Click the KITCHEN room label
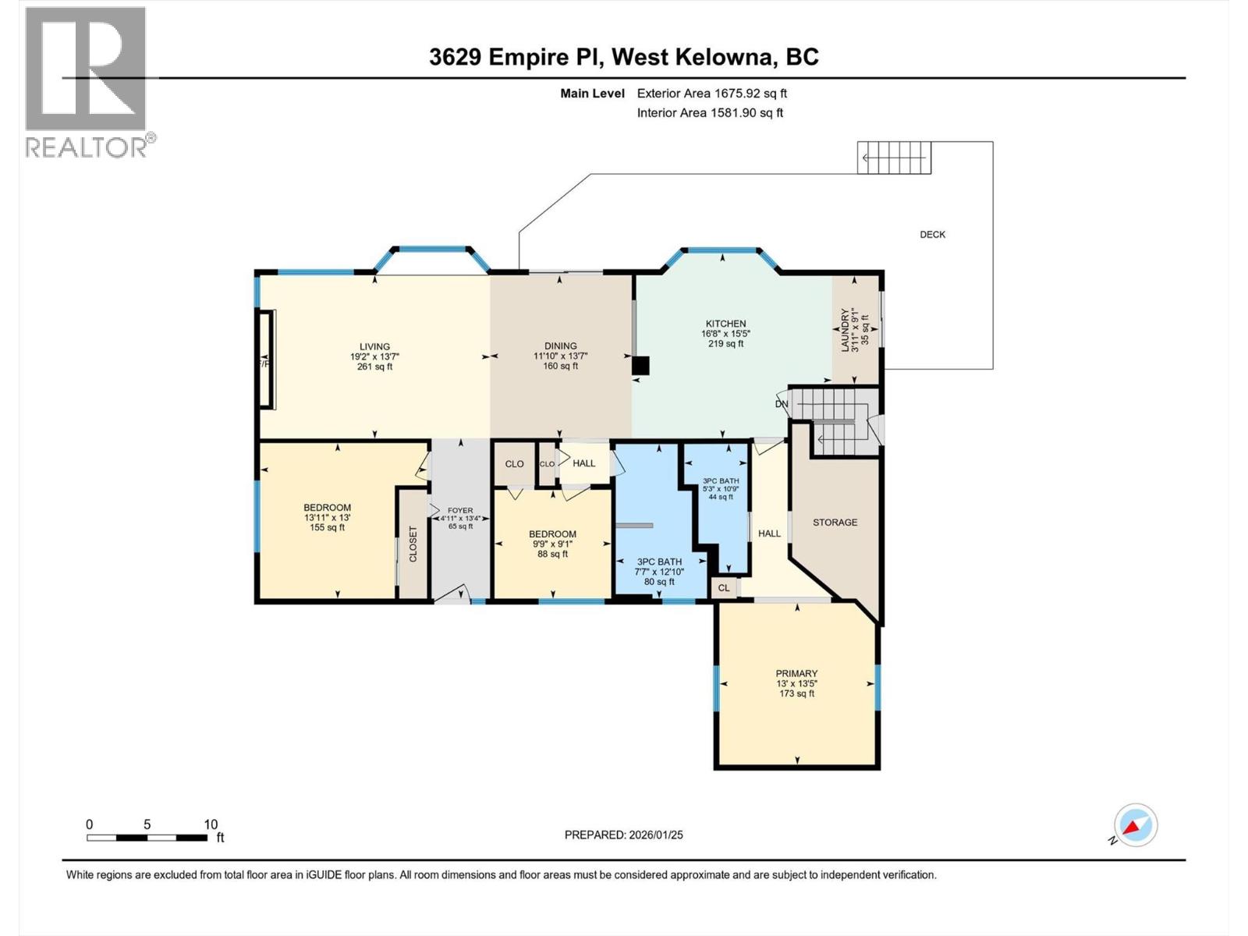pyautogui.click(x=725, y=324)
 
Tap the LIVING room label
pyautogui.click(x=374, y=347)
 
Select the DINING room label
pyautogui.click(x=560, y=346)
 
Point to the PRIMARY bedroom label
pyautogui.click(x=796, y=674)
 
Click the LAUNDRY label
pyautogui.click(x=845, y=330)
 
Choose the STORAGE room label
pyautogui.click(x=835, y=523)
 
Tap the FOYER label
pyautogui.click(x=460, y=511)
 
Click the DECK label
pyautogui.click(x=932, y=235)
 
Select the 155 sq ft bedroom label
pyautogui.click(x=327, y=508)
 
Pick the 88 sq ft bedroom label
pyautogui.click(x=552, y=534)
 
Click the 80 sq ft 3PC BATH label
pyautogui.click(x=659, y=562)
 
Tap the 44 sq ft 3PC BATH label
pyautogui.click(x=720, y=481)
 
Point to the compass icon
pyautogui.click(x=1135, y=825)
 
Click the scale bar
pyautogui.click(x=147, y=838)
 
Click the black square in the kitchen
pyautogui.click(x=640, y=366)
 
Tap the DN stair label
pyautogui.click(x=782, y=404)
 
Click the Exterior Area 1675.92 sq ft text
pyautogui.click(x=711, y=94)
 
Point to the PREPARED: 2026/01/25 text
pyautogui.click(x=623, y=835)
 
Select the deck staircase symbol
pyautogui.click(x=894, y=158)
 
